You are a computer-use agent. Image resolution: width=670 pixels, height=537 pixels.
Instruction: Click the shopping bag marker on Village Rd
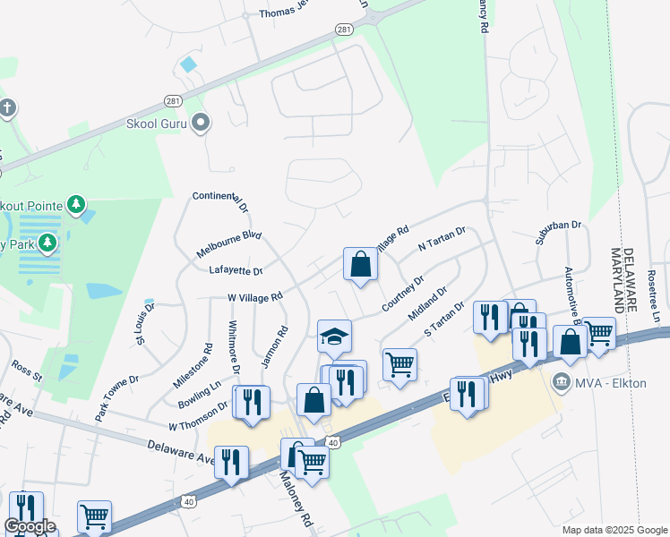(360, 265)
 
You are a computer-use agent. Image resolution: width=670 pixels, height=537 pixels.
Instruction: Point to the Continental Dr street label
(219, 202)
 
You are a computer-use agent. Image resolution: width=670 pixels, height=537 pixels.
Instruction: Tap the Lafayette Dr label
(235, 270)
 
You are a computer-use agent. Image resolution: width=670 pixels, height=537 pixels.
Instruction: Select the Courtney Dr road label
(402, 294)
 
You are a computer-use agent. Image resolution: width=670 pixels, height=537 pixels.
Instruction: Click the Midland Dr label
(427, 304)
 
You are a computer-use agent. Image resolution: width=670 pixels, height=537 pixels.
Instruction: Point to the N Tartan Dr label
(442, 239)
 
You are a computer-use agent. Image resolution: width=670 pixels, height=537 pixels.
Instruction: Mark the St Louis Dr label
(144, 323)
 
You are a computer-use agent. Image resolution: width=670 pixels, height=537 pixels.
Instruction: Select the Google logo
(30, 526)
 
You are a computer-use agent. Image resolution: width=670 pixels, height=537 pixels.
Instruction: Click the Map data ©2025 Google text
(614, 530)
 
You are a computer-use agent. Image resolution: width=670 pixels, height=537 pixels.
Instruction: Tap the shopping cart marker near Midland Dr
(399, 364)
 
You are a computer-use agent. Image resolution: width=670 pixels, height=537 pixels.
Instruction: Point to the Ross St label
(27, 371)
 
